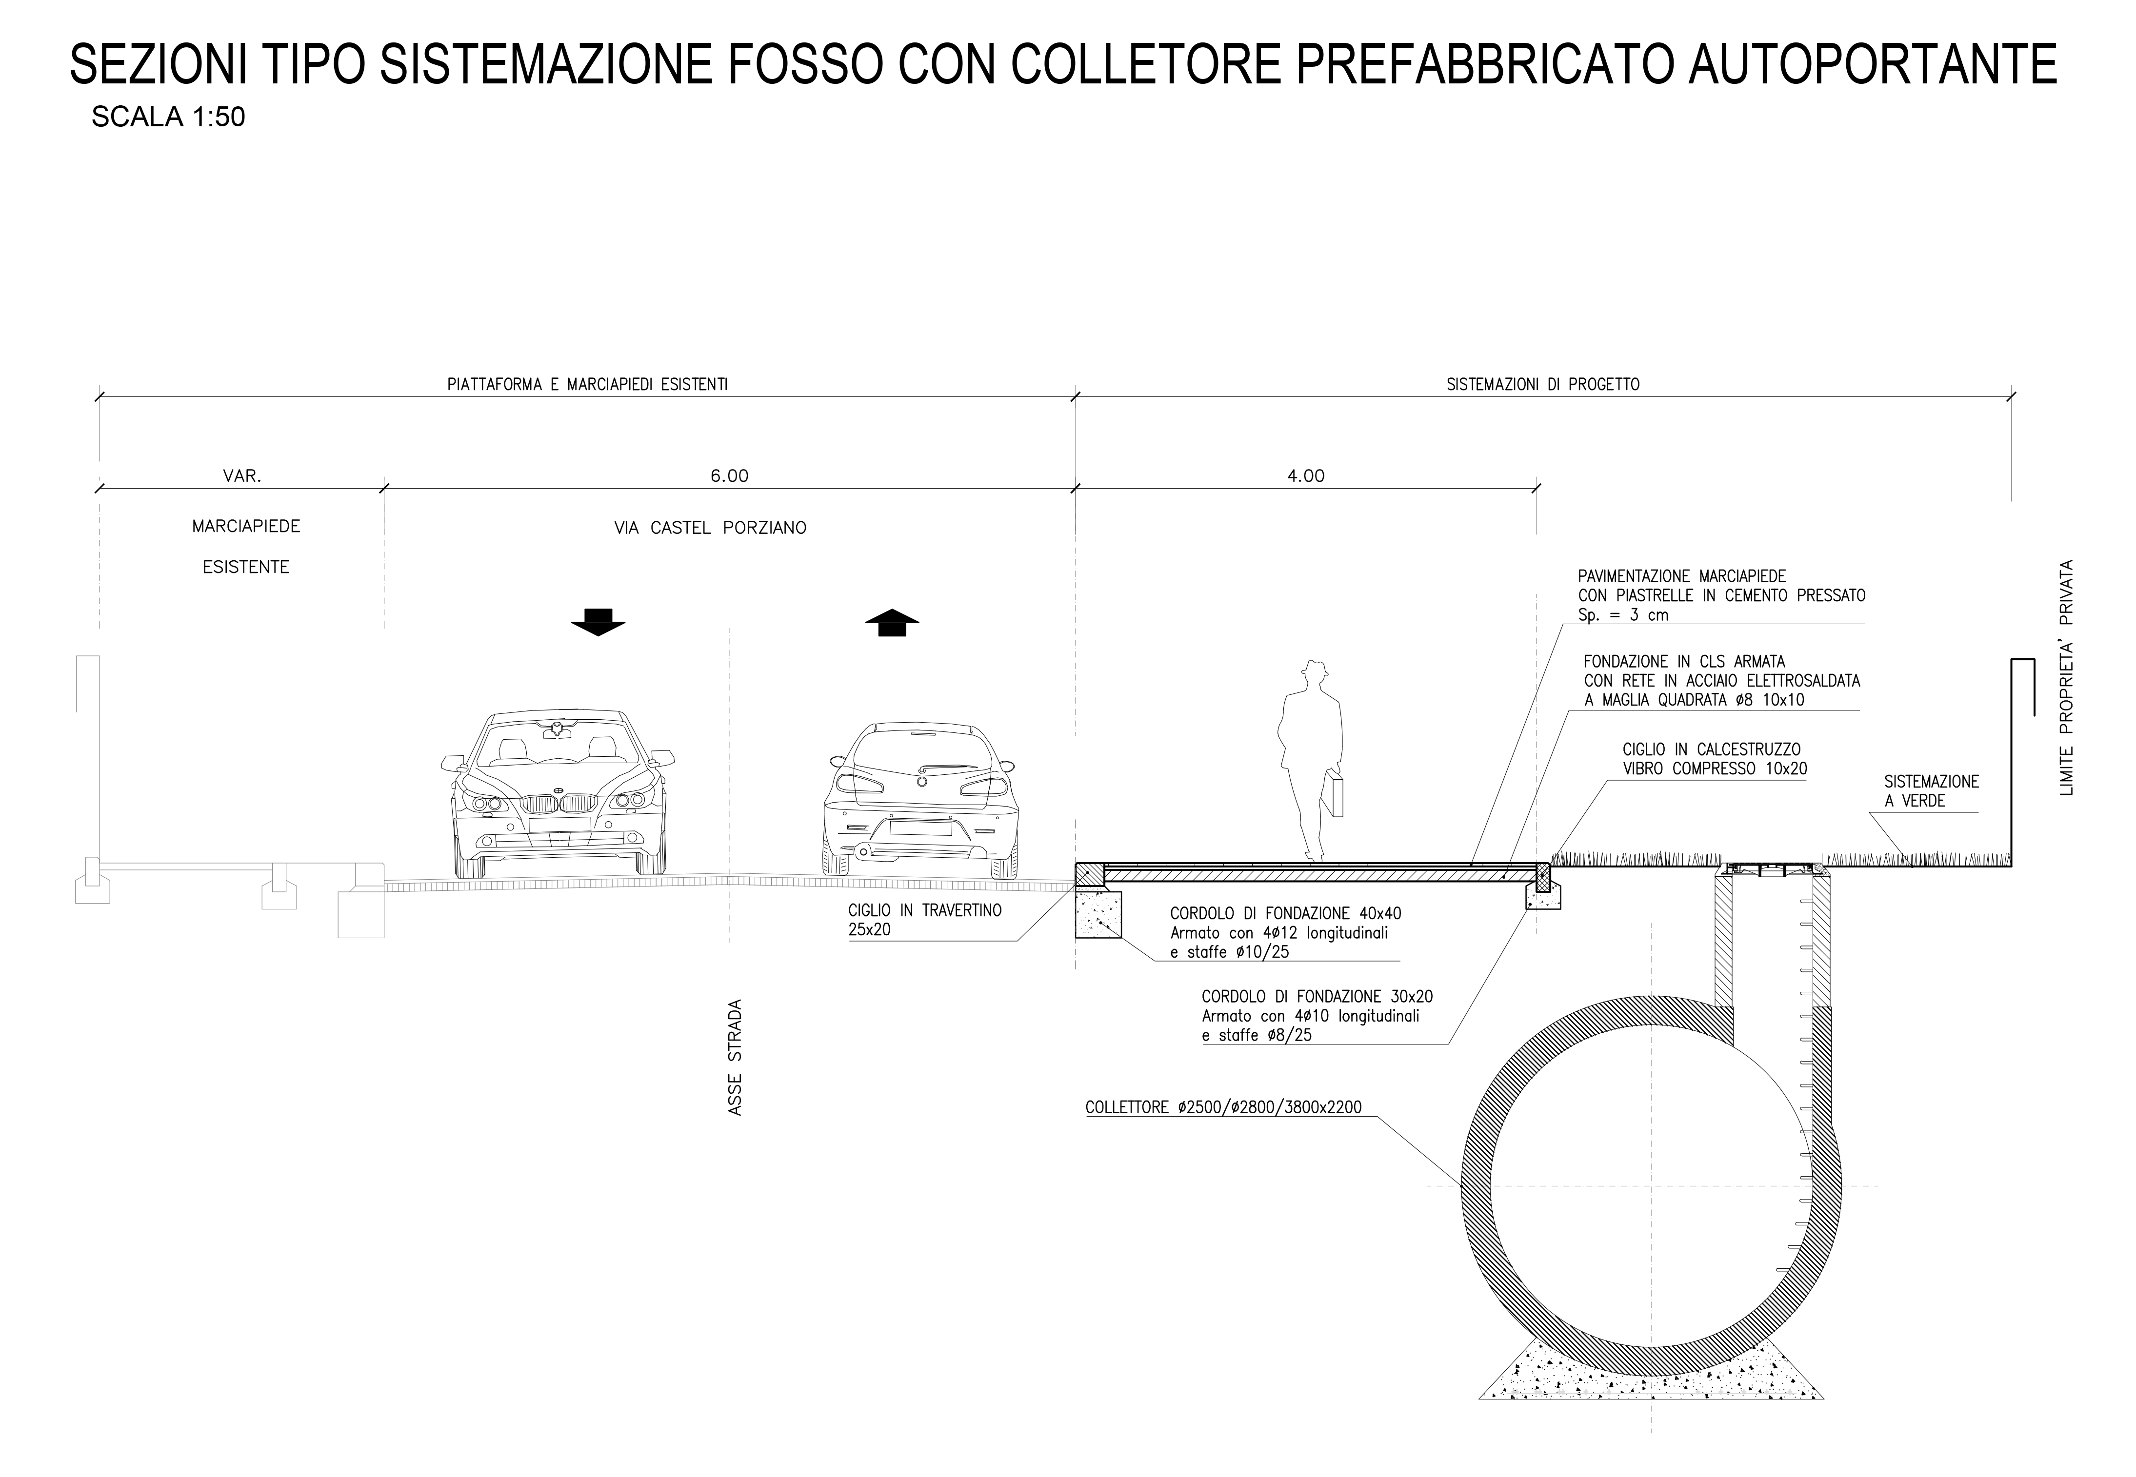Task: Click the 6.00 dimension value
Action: [x=729, y=476]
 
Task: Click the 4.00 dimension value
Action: [x=1306, y=476]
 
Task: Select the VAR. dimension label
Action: [x=242, y=476]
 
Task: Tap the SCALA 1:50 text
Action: [x=168, y=118]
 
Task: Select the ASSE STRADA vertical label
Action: [x=736, y=1057]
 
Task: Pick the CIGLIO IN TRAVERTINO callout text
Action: [x=924, y=920]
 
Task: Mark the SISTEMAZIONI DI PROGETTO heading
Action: [x=1543, y=384]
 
